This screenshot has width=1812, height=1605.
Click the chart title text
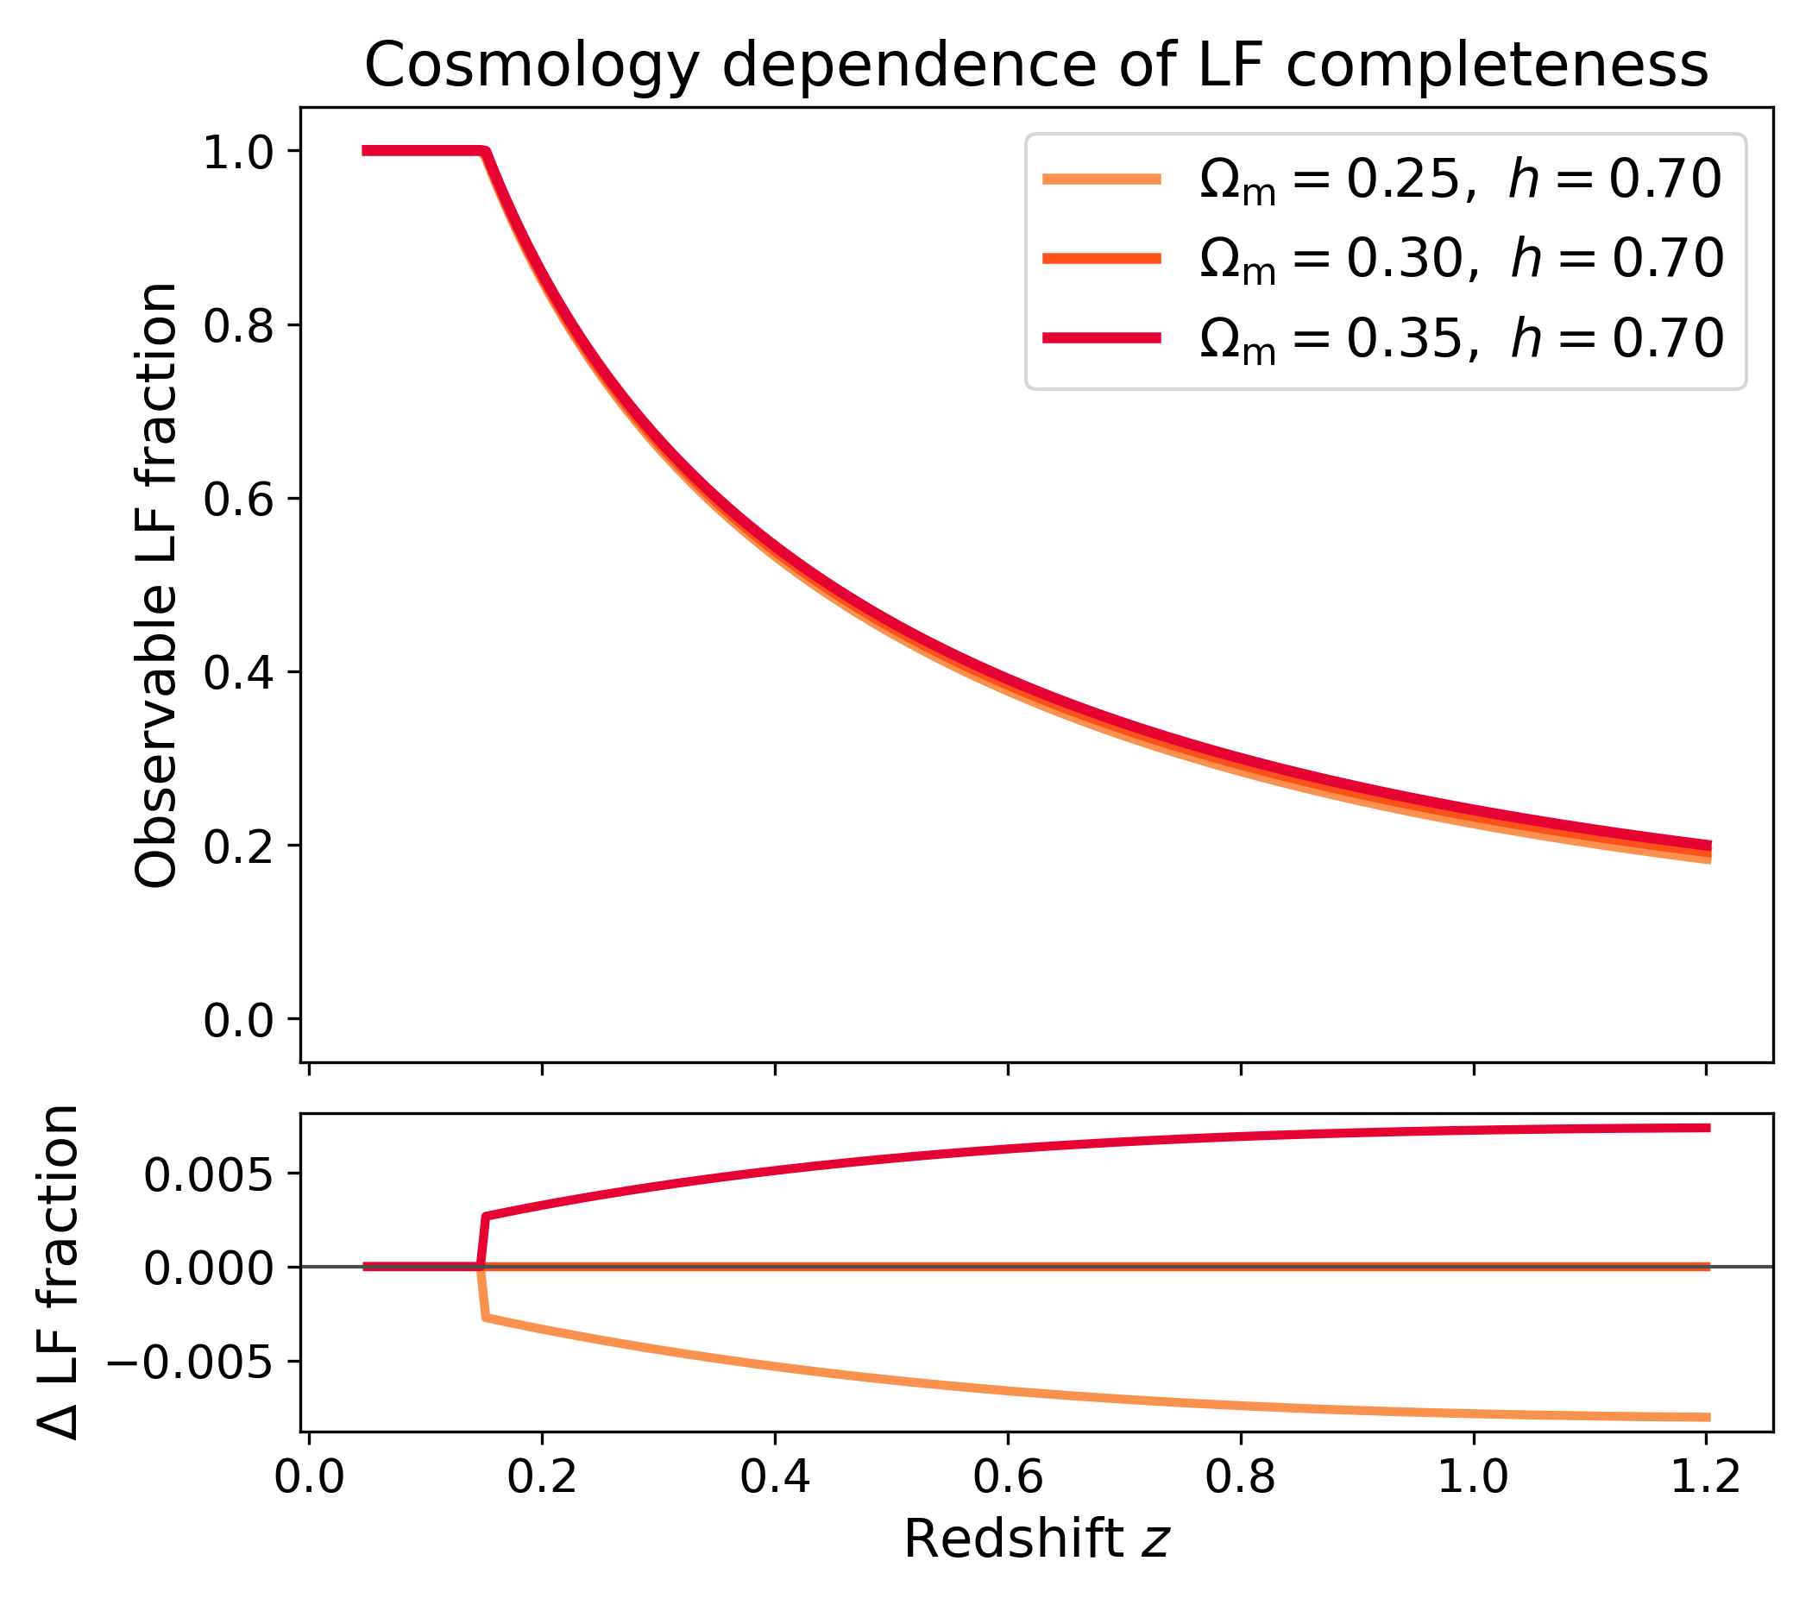[x=1036, y=66]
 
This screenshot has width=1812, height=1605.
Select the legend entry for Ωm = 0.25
[x=1383, y=180]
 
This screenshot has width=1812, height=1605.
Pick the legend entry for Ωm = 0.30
[x=1383, y=259]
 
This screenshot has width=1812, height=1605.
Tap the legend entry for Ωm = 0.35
[x=1383, y=338]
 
